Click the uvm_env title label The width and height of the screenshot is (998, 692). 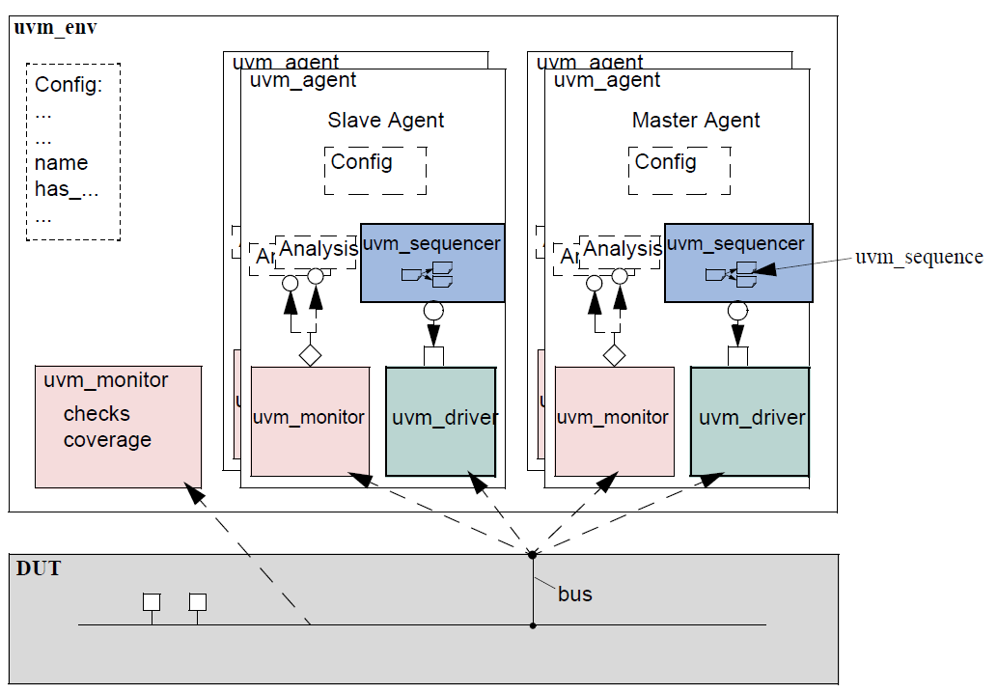pyautogui.click(x=55, y=27)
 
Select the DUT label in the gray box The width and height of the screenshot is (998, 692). pyautogui.click(x=39, y=568)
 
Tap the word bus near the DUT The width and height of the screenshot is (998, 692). pyautogui.click(x=575, y=594)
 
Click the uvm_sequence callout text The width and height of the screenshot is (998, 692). pyautogui.click(x=918, y=257)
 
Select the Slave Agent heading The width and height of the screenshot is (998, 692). pyautogui.click(x=386, y=121)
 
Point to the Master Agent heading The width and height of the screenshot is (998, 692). pyautogui.click(x=696, y=121)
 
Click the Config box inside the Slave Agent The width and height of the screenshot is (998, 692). pyautogui.click(x=375, y=171)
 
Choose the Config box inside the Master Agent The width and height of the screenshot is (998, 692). pyautogui.click(x=679, y=171)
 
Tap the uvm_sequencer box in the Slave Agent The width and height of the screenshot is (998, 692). pyautogui.click(x=431, y=263)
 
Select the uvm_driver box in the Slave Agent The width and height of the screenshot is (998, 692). pyautogui.click(x=441, y=421)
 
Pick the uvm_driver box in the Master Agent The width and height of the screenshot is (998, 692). pyautogui.click(x=750, y=421)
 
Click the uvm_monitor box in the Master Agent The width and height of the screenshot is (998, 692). pyautogui.click(x=614, y=421)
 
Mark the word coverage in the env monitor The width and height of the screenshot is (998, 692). pyautogui.click(x=107, y=440)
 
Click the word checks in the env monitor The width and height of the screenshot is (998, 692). pyautogui.click(x=97, y=414)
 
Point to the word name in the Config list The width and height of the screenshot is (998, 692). pyautogui.click(x=61, y=163)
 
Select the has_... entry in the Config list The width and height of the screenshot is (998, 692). pyautogui.click(x=67, y=189)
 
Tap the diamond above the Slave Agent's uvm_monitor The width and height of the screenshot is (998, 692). pyautogui.click(x=309, y=355)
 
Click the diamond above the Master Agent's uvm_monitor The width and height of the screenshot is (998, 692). pyautogui.click(x=614, y=355)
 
